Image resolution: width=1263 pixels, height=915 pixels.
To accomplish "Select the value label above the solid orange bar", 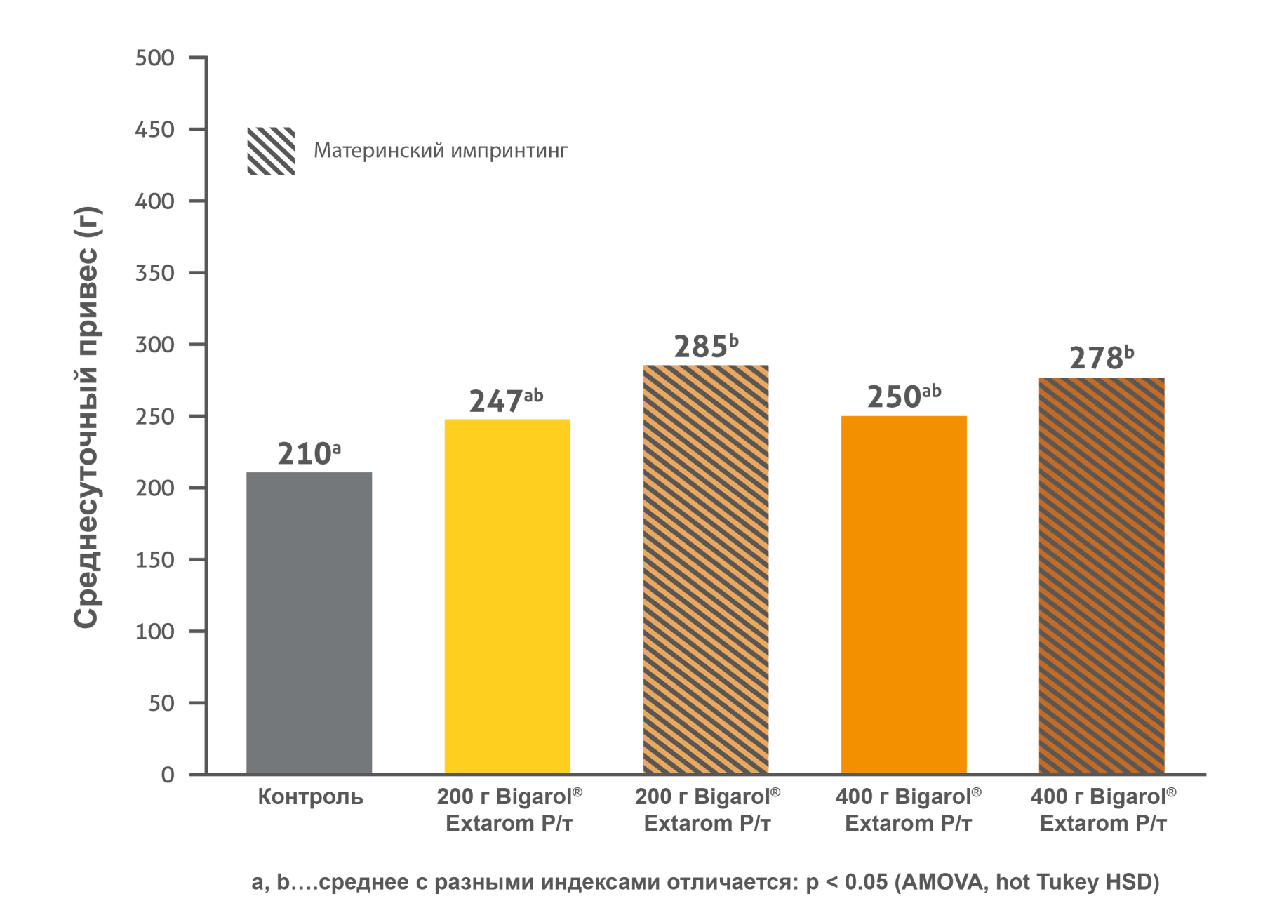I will [x=903, y=399].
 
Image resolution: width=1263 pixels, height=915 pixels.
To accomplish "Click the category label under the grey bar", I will [x=311, y=799].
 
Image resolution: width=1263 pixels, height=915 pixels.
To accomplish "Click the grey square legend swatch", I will [x=272, y=152].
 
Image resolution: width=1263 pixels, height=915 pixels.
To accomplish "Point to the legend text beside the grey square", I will [x=441, y=153].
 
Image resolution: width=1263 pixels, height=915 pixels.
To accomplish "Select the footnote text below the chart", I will [x=704, y=883].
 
